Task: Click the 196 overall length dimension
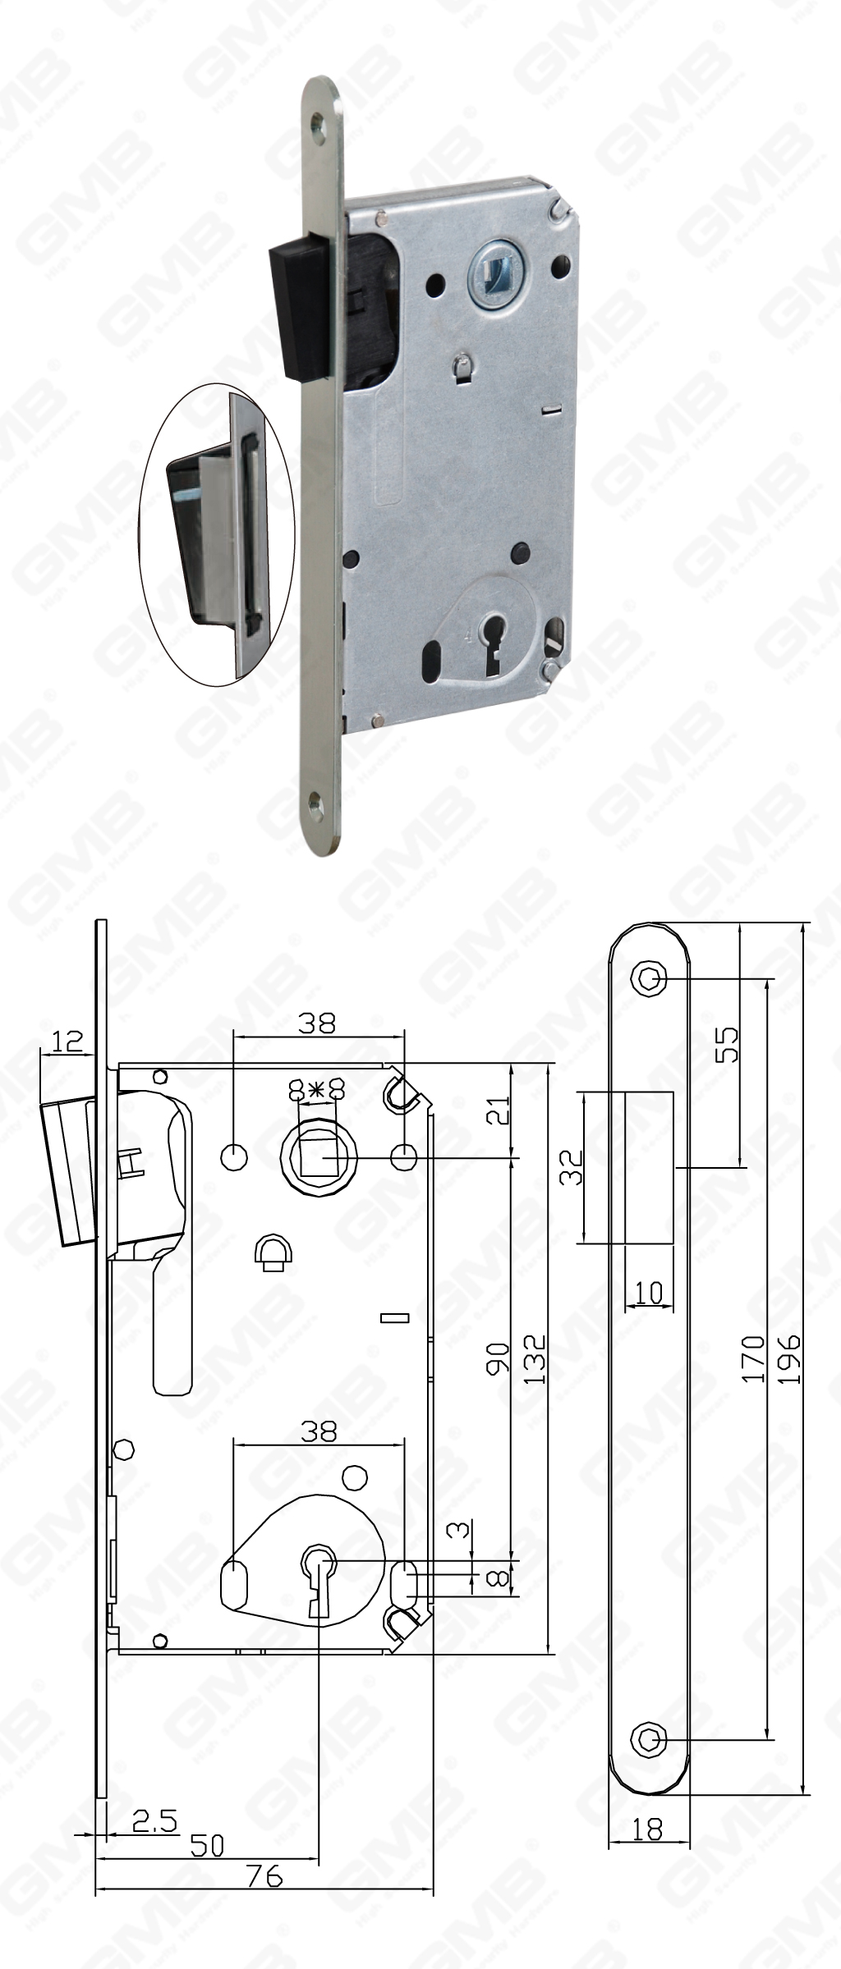click(x=789, y=1358)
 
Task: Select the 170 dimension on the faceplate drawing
click(x=754, y=1358)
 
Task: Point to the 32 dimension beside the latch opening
click(x=572, y=1167)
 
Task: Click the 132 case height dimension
click(x=535, y=1358)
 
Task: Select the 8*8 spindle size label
click(x=315, y=1090)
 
